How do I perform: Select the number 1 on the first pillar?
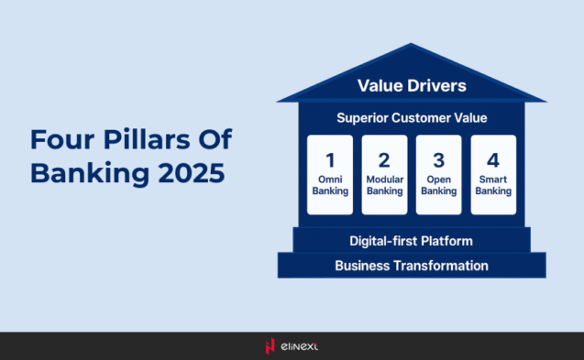point(329,159)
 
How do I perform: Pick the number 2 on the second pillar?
point(384,159)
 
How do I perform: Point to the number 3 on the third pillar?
point(438,159)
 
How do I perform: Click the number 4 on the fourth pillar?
point(493,159)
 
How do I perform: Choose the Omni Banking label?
point(329,186)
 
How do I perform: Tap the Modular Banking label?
point(384,186)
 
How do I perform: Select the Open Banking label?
point(438,186)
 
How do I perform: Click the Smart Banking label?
point(493,186)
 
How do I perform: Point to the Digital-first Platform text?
point(411,241)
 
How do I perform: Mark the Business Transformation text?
point(411,266)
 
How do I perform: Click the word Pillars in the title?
point(144,140)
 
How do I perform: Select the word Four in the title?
point(61,140)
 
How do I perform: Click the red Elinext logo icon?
point(270,346)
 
